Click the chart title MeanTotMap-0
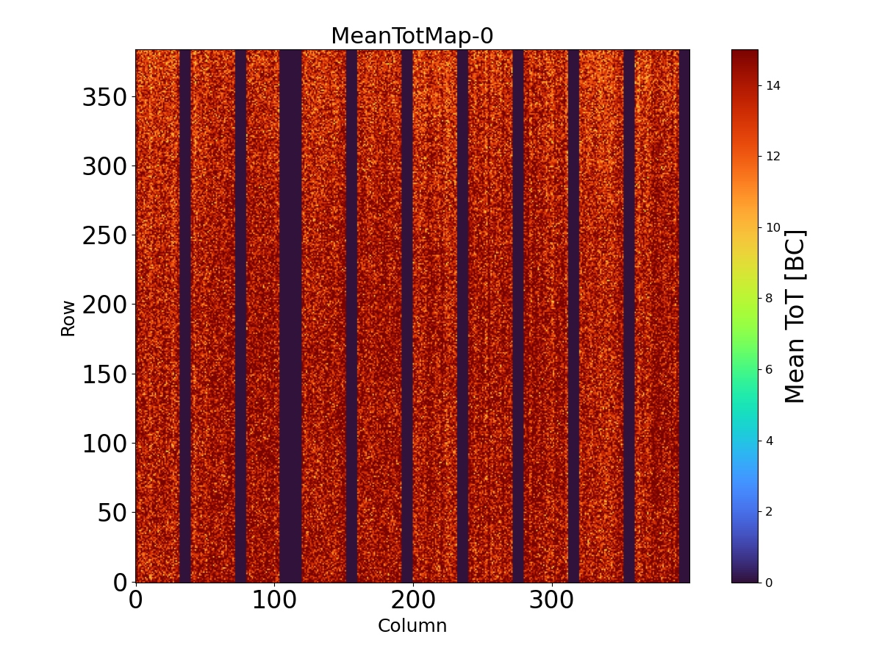click(412, 36)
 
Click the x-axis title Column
click(412, 626)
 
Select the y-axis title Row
click(68, 318)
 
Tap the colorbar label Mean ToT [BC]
click(795, 316)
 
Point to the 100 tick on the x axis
click(274, 600)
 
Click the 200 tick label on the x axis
click(412, 600)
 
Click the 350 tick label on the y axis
click(104, 98)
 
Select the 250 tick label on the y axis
click(104, 236)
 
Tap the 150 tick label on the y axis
click(104, 374)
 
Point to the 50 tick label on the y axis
click(113, 513)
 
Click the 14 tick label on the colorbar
click(772, 85)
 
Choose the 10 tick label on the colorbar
click(772, 227)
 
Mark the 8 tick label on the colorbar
click(770, 298)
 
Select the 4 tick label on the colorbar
click(770, 440)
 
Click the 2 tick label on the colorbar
click(770, 511)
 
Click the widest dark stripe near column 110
click(290, 316)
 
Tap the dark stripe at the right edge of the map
click(684, 316)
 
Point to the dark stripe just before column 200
click(407, 316)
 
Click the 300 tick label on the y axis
click(104, 167)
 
